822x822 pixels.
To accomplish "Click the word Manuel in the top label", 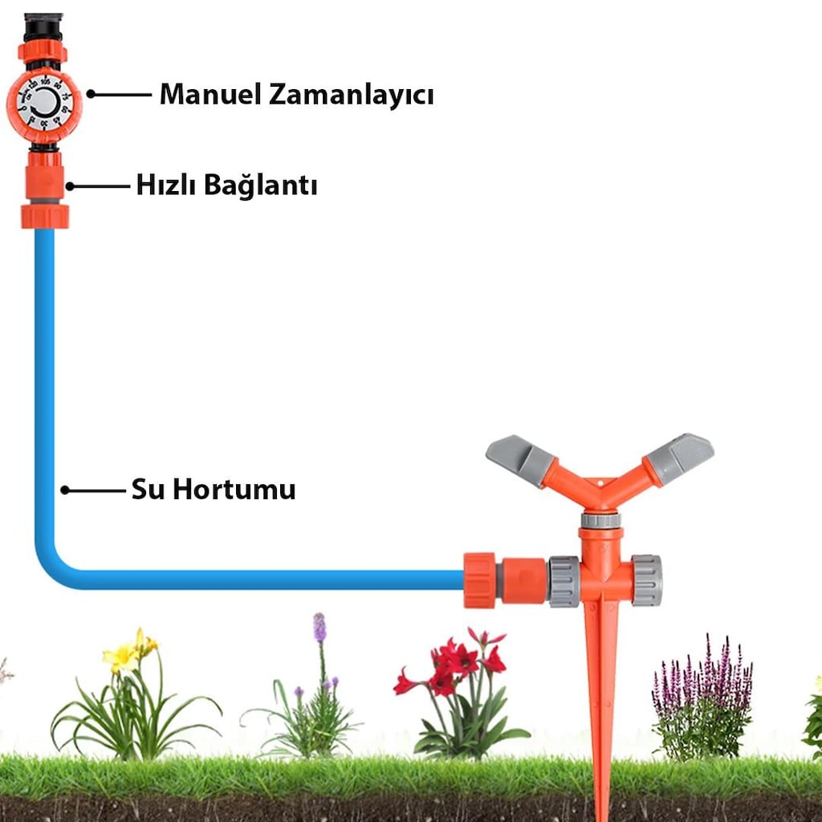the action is (x=210, y=95).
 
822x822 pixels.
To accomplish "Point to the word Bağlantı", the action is (x=261, y=185).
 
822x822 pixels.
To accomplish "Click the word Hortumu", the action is (x=234, y=489).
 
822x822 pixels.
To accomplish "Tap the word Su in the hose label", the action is (x=148, y=489).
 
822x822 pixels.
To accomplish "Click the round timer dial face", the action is (x=45, y=104).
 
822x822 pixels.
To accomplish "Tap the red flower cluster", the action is (x=451, y=661).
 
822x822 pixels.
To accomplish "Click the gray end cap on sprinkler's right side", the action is (x=646, y=580).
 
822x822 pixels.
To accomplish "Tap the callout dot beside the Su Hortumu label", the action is (x=65, y=490).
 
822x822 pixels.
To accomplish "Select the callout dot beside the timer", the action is (x=91, y=94).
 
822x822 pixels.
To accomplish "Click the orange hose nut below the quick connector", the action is (x=45, y=216).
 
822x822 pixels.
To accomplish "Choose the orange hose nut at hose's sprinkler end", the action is (x=480, y=580).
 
